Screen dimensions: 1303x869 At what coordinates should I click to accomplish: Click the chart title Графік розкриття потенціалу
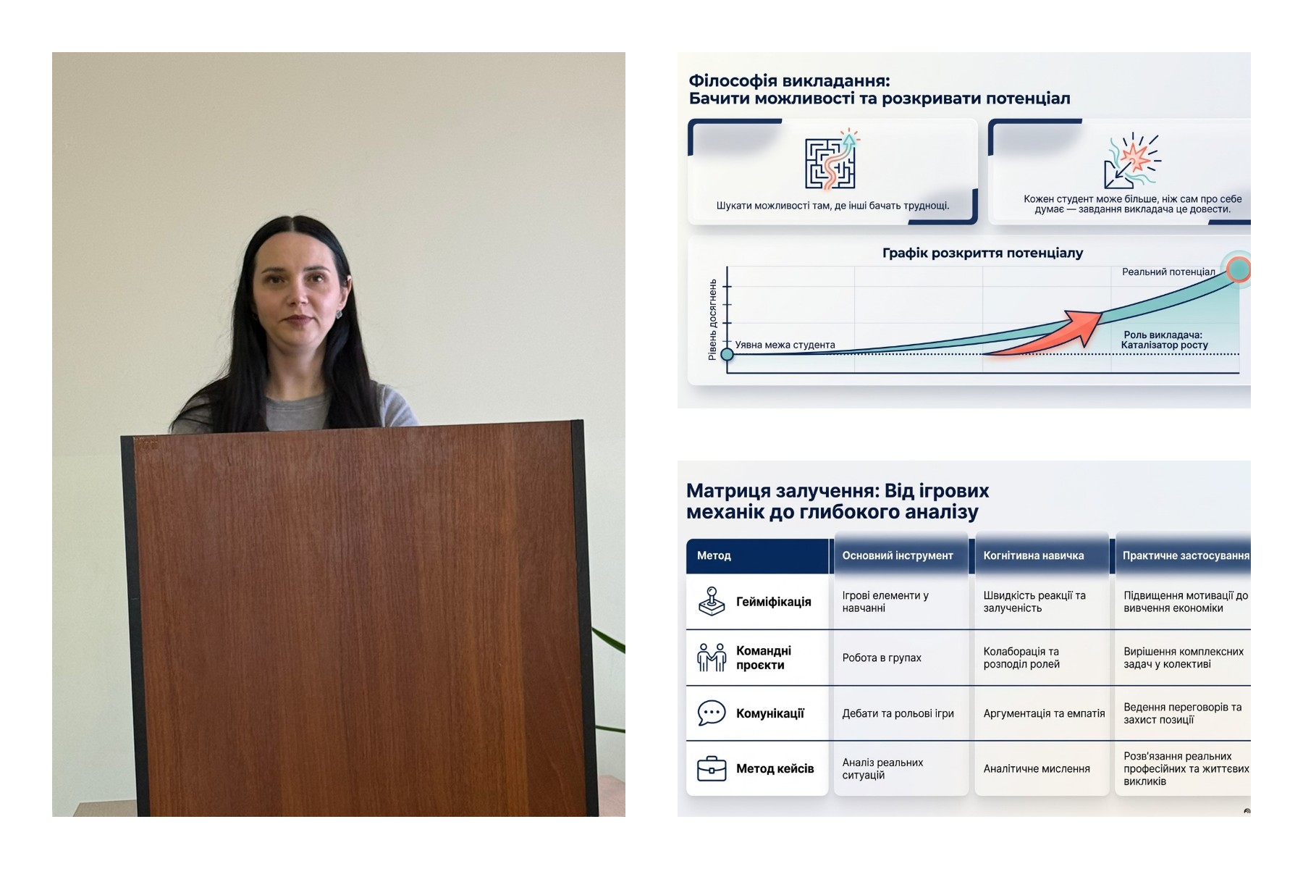tap(982, 253)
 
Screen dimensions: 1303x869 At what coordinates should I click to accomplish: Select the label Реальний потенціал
tap(1168, 272)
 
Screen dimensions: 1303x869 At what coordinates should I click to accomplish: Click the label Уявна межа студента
tap(785, 345)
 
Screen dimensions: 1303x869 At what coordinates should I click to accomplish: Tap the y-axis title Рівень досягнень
tap(713, 319)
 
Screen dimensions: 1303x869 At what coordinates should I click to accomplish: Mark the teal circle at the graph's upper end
tap(1239, 269)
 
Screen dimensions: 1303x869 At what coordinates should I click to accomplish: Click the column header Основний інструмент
tap(898, 555)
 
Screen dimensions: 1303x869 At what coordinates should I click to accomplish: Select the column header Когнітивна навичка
tap(1033, 555)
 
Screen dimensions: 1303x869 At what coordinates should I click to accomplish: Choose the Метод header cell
tap(757, 555)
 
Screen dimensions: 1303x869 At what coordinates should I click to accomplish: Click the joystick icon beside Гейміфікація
tap(712, 602)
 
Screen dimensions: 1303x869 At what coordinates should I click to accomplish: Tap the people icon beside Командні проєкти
tap(712, 658)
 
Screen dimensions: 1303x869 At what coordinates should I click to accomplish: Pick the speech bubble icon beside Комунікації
tap(712, 713)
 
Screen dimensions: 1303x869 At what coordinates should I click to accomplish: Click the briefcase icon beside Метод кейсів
tap(712, 768)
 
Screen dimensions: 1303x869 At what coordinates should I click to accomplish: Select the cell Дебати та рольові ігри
tap(898, 713)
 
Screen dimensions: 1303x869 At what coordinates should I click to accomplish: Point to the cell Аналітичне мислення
tap(1036, 768)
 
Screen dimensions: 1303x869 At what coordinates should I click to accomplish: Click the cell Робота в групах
tap(882, 658)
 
